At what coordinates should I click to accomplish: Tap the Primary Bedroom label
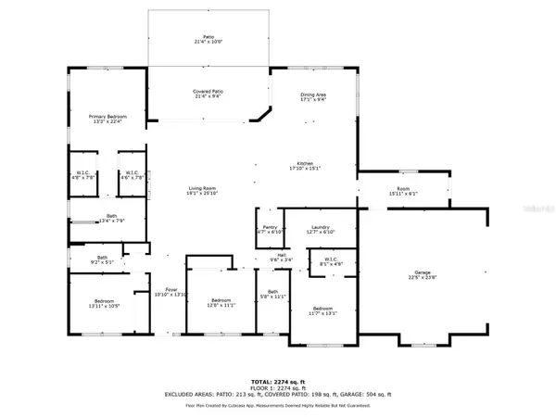coord(107,118)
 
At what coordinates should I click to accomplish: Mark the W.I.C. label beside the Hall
coord(331,261)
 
